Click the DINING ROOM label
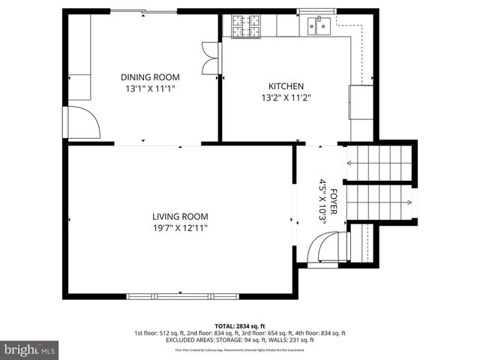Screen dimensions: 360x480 (x=150, y=76)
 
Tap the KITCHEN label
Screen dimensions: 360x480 (x=286, y=85)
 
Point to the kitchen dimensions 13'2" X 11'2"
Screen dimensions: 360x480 (x=286, y=97)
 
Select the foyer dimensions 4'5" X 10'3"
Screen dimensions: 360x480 (x=322, y=200)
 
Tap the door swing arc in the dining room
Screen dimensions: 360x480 (x=85, y=121)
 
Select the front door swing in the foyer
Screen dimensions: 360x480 (x=328, y=247)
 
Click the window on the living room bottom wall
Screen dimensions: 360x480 (x=179, y=295)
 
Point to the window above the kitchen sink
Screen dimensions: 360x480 (x=316, y=13)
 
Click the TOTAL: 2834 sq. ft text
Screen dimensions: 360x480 (x=240, y=326)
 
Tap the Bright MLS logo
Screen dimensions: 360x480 (x=30, y=350)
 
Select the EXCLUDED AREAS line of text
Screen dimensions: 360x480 (x=240, y=340)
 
